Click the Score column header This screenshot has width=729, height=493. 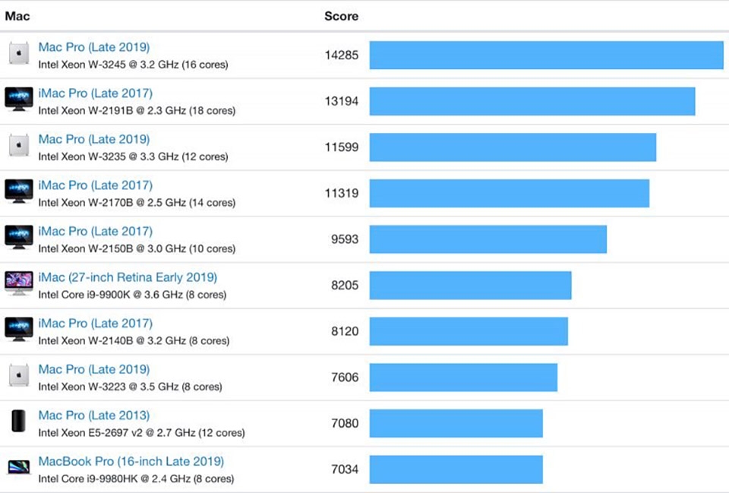[x=341, y=16]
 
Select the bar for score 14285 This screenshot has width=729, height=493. [x=546, y=55]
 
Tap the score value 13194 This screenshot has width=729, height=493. [x=341, y=101]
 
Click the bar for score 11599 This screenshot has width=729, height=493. [x=513, y=147]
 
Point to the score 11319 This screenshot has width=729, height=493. [x=341, y=193]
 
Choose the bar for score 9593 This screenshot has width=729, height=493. [x=488, y=239]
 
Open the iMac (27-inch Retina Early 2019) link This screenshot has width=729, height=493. [x=128, y=277]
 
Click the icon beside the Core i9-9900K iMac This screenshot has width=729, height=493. [x=19, y=284]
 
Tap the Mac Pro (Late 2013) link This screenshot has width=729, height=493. [x=94, y=416]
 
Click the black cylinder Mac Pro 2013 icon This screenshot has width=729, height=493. [x=19, y=422]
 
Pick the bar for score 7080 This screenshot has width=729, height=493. [x=456, y=423]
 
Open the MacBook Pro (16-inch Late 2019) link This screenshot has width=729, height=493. [x=131, y=461]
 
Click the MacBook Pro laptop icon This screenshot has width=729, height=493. [x=19, y=468]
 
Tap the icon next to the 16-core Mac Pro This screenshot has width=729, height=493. [x=19, y=54]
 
